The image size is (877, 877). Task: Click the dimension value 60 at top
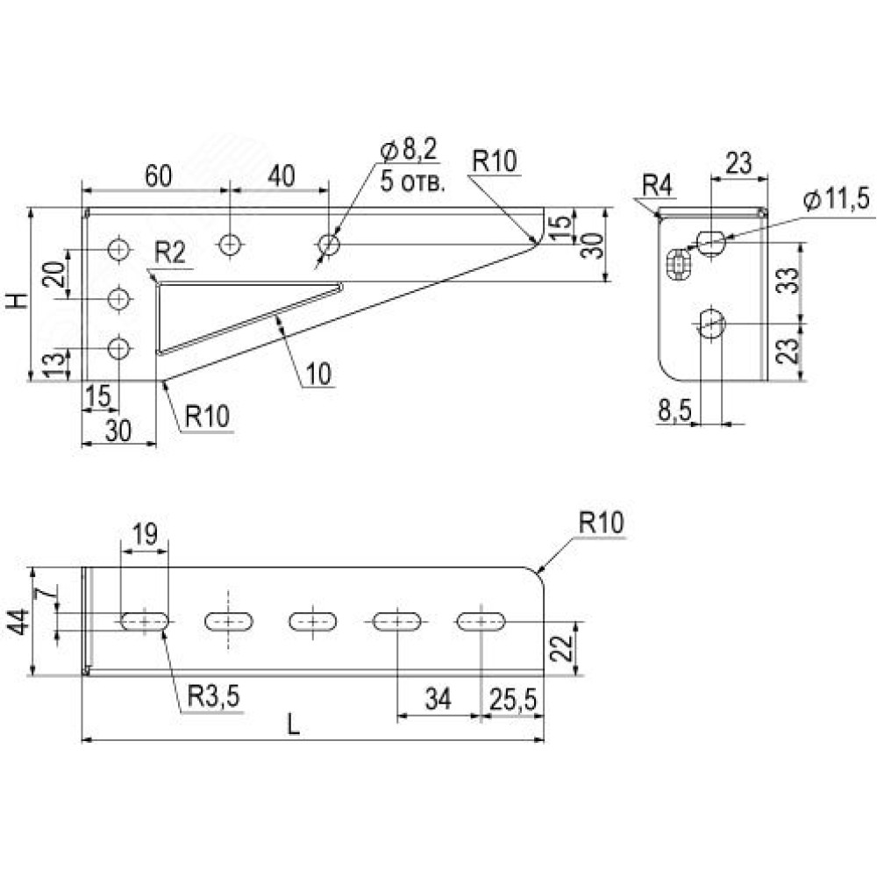pyautogui.click(x=158, y=176)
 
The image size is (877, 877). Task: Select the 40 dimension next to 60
pyautogui.click(x=281, y=176)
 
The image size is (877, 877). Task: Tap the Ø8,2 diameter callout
pyautogui.click(x=409, y=150)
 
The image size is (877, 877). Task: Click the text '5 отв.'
pyautogui.click(x=413, y=182)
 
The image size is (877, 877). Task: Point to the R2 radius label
pyautogui.click(x=170, y=253)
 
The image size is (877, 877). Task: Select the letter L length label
pyautogui.click(x=294, y=724)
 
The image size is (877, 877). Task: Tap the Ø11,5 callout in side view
pyautogui.click(x=836, y=200)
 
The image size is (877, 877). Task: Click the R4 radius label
pyautogui.click(x=657, y=185)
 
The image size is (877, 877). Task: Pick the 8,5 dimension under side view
pyautogui.click(x=674, y=411)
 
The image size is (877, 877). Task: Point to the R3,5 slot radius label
pyautogui.click(x=214, y=696)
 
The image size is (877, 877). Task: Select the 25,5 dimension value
pyautogui.click(x=513, y=699)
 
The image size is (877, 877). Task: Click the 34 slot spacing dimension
pyautogui.click(x=438, y=699)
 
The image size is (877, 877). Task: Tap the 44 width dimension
pyautogui.click(x=20, y=622)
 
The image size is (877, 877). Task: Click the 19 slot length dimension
pyautogui.click(x=146, y=535)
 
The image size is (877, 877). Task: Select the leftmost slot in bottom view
pyautogui.click(x=145, y=622)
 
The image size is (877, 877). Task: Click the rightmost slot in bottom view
pyautogui.click(x=481, y=622)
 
